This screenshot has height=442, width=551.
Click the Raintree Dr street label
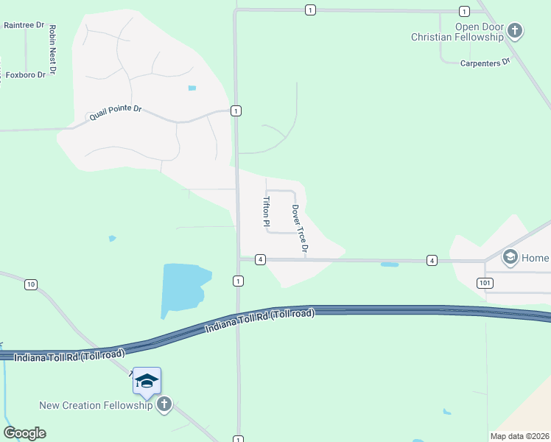[21, 24]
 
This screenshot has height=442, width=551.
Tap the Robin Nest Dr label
[52, 51]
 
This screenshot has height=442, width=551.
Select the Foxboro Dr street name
[26, 75]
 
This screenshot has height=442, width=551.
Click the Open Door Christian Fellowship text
[457, 32]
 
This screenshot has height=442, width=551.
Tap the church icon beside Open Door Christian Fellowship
[515, 31]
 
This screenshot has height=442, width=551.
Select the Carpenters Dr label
[485, 63]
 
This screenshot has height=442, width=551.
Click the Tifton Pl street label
[267, 211]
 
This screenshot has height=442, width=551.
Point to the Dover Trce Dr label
[298, 230]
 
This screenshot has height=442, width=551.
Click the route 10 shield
[30, 284]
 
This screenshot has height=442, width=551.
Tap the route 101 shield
[484, 282]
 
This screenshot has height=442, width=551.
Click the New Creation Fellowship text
[96, 405]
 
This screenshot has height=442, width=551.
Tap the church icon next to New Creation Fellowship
[164, 404]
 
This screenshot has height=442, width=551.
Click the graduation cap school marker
[147, 380]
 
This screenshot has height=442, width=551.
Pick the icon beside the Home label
[510, 258]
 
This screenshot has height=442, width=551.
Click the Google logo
[25, 433]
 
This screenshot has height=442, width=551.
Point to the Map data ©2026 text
[519, 436]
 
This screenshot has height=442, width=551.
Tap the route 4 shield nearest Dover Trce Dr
[260, 259]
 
